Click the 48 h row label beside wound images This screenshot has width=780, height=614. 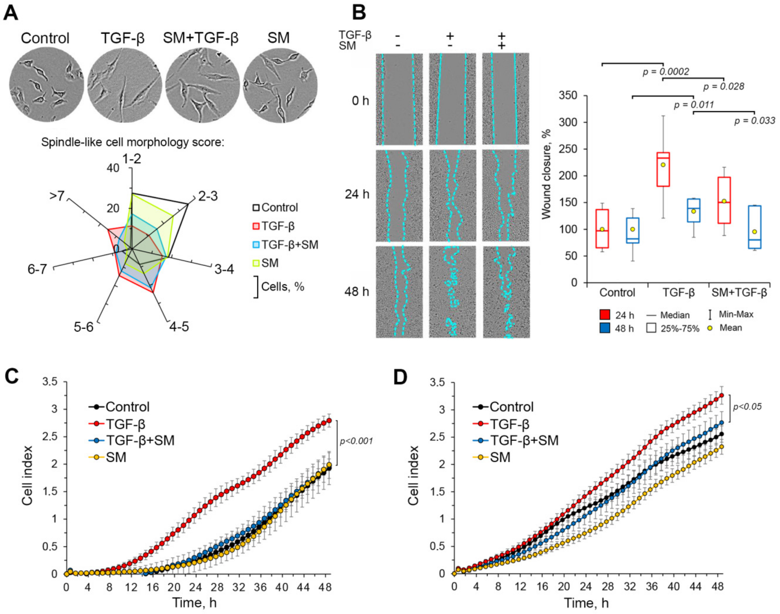click(x=357, y=291)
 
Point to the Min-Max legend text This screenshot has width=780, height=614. click(x=736, y=314)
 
